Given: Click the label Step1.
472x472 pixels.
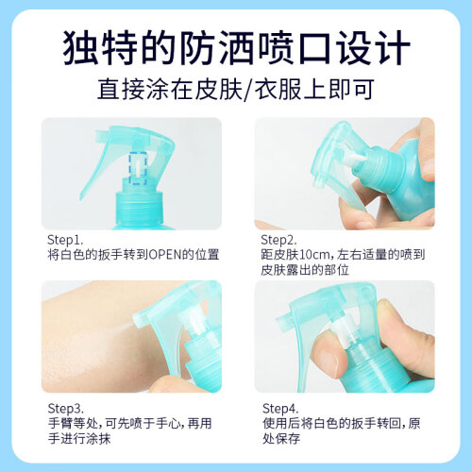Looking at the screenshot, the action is pos(65,240).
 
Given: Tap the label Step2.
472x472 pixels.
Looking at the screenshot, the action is pos(278,240).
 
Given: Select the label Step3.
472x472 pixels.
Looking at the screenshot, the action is pos(66,409).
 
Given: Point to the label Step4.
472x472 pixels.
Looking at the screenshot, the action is pos(280,409).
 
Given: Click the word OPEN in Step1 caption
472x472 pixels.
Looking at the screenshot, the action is pos(165,255).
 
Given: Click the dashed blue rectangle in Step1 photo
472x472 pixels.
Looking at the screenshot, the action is pos(138,168).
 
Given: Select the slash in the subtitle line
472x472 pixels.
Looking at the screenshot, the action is pos(248,90).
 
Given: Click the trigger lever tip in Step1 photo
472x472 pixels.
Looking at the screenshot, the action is pos(82,197).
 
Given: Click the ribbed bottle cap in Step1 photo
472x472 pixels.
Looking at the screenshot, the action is pos(139,208).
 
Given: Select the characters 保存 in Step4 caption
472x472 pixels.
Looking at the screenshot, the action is pos(288,438).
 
